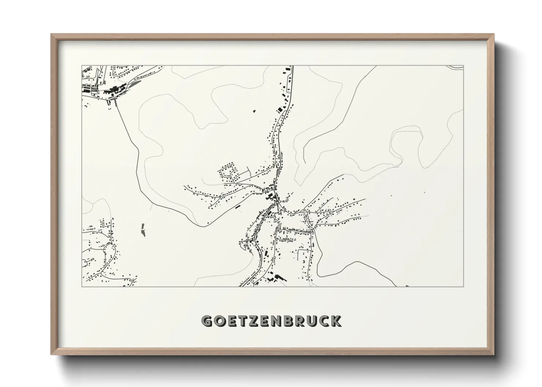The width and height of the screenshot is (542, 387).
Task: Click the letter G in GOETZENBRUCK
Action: pyautogui.click(x=207, y=321)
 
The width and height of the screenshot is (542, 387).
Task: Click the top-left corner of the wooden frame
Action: pyautogui.click(x=52, y=34)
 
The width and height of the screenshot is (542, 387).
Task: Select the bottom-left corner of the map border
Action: pyautogui.click(x=82, y=286)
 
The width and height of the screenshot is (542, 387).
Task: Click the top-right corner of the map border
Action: pyautogui.click(x=464, y=66)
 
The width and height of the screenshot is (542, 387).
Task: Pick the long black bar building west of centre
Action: pyautogui.click(x=238, y=207)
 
